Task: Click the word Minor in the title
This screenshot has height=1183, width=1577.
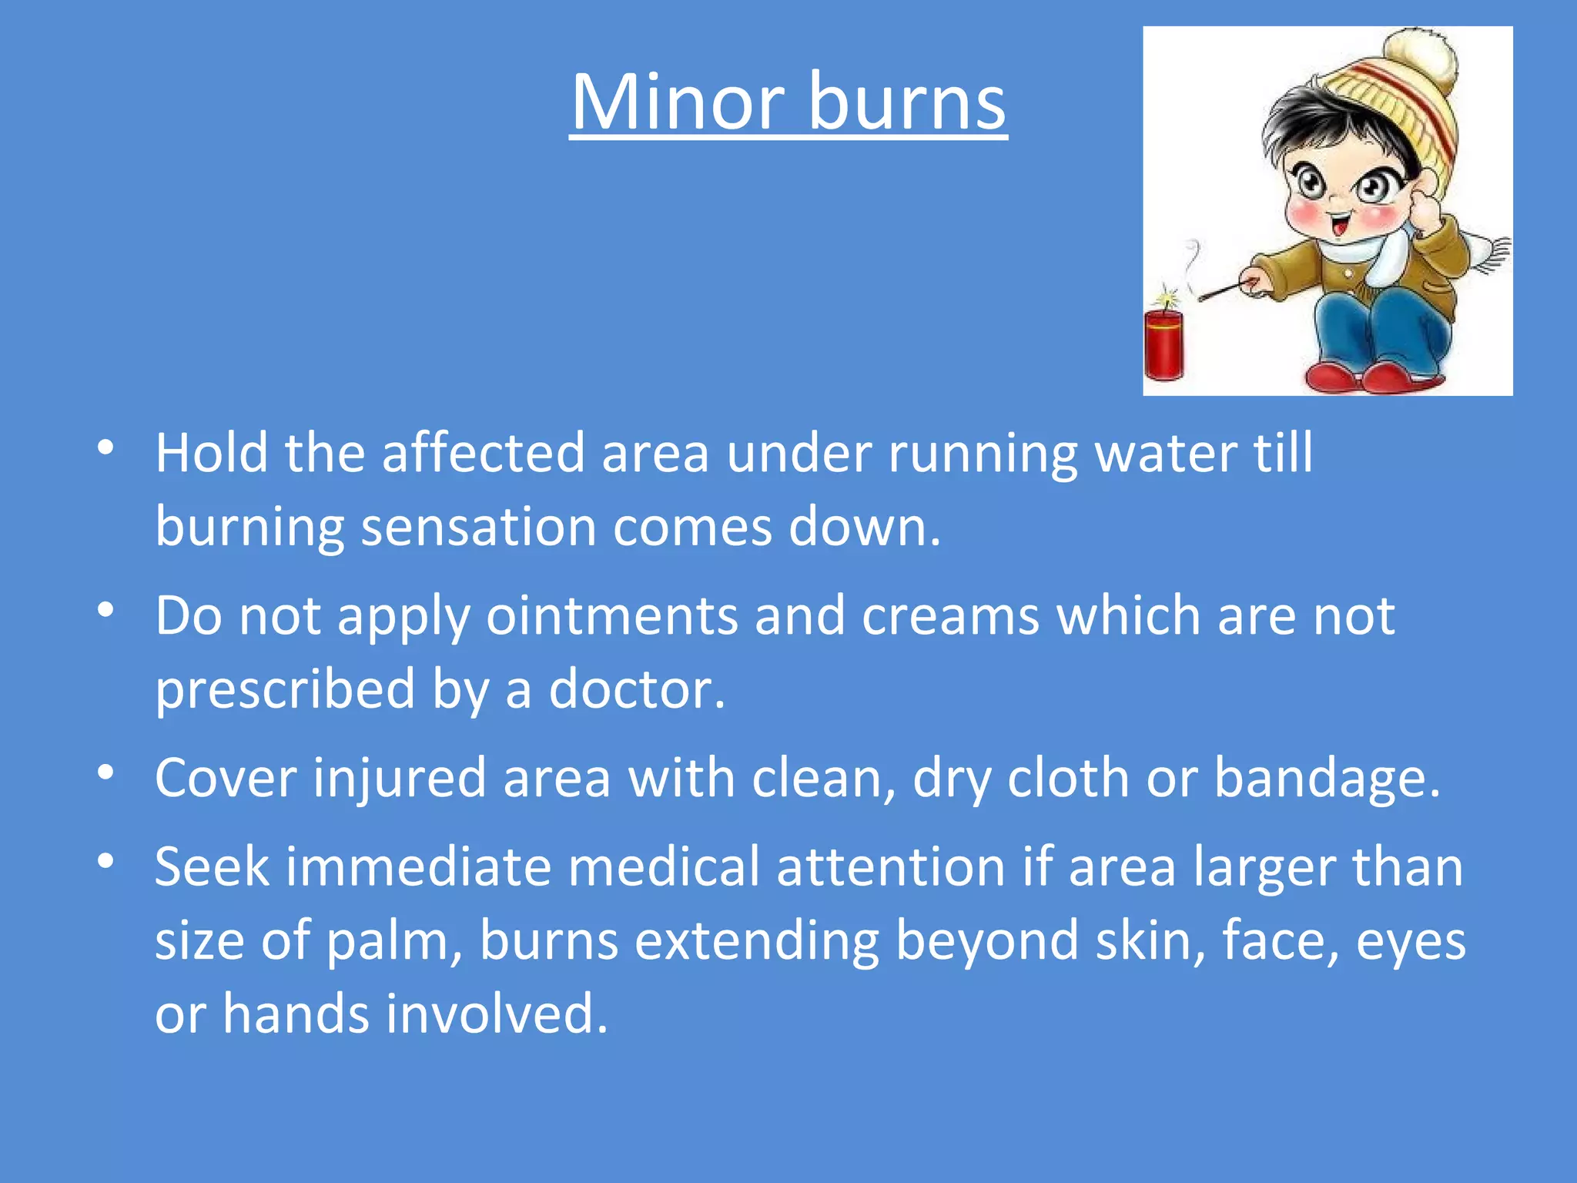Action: coord(678,102)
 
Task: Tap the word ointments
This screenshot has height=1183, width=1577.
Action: coord(612,615)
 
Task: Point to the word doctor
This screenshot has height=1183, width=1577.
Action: coord(636,689)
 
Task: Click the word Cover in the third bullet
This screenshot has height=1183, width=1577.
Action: coord(226,778)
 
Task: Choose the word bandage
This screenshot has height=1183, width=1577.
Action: coord(1326,778)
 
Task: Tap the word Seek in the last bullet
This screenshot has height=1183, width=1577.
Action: coord(213,866)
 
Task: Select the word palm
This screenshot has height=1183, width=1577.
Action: coord(393,941)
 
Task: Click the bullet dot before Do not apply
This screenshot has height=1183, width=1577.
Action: coord(106,610)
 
